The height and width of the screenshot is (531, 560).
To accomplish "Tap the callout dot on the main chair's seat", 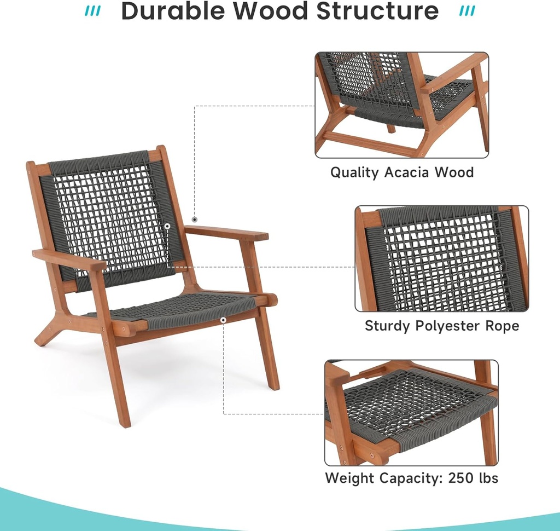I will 223,319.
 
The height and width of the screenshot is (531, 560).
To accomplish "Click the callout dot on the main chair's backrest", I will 167,226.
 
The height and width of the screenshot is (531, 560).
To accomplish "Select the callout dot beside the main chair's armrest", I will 195,220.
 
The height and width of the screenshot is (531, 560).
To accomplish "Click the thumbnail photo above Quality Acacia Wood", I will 402,105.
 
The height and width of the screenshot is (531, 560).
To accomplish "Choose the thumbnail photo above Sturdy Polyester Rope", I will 442,259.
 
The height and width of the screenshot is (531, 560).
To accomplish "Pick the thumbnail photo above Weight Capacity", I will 411,413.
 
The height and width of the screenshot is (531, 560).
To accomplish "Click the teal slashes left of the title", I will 94,11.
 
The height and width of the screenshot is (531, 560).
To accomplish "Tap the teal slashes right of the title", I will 466,11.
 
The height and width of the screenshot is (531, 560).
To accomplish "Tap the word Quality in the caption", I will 354,172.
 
